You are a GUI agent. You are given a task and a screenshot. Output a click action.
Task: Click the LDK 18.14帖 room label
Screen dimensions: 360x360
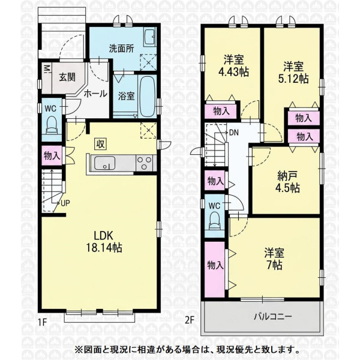tap(104, 242)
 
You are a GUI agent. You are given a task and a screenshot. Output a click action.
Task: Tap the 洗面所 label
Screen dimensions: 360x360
tap(121, 49)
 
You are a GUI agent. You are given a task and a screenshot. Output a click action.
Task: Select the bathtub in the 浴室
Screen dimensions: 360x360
tap(147, 96)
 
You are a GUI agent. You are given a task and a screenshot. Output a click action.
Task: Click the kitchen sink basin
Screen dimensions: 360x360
tap(104, 163)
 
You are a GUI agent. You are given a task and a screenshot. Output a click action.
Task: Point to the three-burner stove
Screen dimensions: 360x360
tap(145, 163)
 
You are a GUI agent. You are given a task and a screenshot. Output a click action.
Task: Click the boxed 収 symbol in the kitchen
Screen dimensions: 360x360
tap(100, 145)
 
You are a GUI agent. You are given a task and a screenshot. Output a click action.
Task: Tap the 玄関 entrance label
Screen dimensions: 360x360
tap(67, 77)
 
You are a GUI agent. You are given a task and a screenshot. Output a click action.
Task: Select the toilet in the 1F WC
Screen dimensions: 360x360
tap(52, 125)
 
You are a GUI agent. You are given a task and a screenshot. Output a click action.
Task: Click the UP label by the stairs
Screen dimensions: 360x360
tap(65, 203)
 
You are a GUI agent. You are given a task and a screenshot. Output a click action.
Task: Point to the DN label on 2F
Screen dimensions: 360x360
tap(234, 133)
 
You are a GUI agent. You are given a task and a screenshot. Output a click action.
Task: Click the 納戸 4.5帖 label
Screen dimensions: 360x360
tap(287, 182)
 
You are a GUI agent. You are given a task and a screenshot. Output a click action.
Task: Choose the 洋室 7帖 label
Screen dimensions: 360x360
tap(274, 259)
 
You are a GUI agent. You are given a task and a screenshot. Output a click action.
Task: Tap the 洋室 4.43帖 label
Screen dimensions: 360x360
tap(233, 66)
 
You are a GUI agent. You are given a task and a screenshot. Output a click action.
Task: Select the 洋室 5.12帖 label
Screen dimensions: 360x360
tap(293, 73)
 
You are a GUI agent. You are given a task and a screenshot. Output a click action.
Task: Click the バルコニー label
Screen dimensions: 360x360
tap(272, 317)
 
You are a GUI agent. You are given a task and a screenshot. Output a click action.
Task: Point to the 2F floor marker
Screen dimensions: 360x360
tap(190, 320)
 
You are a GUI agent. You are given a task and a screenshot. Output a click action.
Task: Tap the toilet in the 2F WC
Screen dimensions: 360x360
tap(215, 220)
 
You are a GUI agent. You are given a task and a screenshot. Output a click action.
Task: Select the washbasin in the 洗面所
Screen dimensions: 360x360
tap(149, 37)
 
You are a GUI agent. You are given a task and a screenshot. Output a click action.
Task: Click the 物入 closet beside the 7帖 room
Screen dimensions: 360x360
tap(215, 269)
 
